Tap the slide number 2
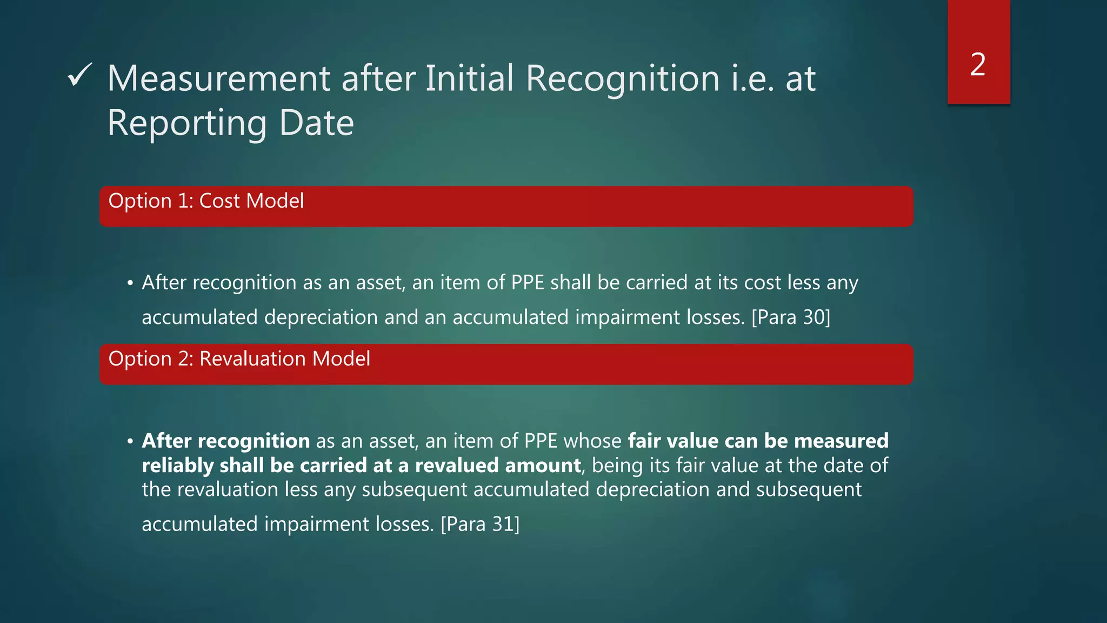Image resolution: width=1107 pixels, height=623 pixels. (978, 64)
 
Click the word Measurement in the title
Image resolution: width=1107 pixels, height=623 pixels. (218, 79)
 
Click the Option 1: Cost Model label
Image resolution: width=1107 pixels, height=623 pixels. (206, 201)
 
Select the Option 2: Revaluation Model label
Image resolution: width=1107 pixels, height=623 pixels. (239, 359)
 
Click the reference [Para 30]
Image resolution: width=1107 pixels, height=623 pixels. (791, 317)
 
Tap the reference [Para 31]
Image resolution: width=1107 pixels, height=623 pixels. (480, 524)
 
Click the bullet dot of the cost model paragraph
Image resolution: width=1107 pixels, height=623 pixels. (130, 283)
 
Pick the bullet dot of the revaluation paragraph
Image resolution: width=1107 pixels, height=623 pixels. (130, 442)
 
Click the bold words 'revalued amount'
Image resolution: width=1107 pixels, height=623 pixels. (498, 466)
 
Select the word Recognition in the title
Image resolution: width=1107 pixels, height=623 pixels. (623, 79)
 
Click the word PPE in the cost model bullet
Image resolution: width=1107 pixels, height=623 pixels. (528, 283)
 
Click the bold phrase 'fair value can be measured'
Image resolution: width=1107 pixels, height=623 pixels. (758, 441)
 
